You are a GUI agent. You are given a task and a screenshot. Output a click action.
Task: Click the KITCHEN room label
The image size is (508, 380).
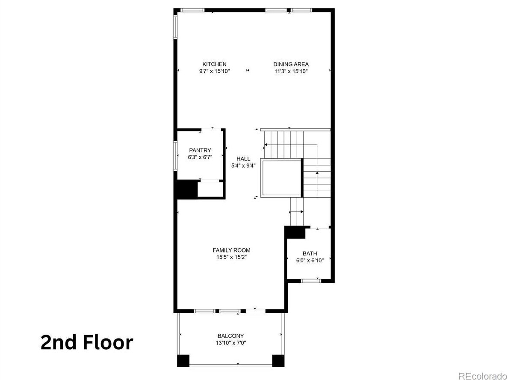tap(214, 64)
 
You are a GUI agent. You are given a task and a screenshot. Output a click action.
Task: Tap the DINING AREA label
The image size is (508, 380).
tap(291, 64)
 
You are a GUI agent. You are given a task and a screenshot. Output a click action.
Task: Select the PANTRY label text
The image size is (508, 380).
tap(200, 150)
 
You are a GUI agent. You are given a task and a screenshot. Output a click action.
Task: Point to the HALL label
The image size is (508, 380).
tap(243, 159)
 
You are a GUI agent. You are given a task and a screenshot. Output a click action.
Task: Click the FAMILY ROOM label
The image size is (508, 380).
tap(231, 250)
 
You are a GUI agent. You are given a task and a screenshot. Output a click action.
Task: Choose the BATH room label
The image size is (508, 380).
tap(310, 253)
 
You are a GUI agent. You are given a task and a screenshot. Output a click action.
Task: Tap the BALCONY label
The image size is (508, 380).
tap(230, 336)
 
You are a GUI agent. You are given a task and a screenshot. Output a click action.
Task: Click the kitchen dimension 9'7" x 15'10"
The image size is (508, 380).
tap(214, 71)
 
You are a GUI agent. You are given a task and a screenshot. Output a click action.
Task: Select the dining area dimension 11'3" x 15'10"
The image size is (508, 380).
tap(291, 71)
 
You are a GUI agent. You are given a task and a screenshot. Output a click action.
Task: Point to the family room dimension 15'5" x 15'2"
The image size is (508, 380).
tap(231, 257)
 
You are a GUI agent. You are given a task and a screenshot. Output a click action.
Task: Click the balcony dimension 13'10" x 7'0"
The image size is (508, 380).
tap(230, 343)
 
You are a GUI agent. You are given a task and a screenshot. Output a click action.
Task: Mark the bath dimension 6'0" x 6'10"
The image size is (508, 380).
tap(310, 260)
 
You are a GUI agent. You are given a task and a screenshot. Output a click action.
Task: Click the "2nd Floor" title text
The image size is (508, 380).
tap(87, 343)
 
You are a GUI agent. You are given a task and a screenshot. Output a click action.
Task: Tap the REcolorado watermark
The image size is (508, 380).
tap(481, 375)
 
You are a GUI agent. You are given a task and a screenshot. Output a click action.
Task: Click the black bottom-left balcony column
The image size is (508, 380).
tap(183, 361)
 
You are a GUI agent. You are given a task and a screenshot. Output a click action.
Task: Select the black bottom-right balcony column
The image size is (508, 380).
tap(278, 361)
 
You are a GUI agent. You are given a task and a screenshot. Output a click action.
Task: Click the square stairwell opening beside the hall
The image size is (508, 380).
tap(281, 178)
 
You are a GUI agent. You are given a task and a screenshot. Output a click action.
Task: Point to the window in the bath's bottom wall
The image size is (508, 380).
tap(310, 281)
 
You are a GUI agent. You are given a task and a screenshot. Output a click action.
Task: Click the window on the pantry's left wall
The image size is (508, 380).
tap(175, 156)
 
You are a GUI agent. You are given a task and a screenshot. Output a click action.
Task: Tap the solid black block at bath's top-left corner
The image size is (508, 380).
tap(295, 232)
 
